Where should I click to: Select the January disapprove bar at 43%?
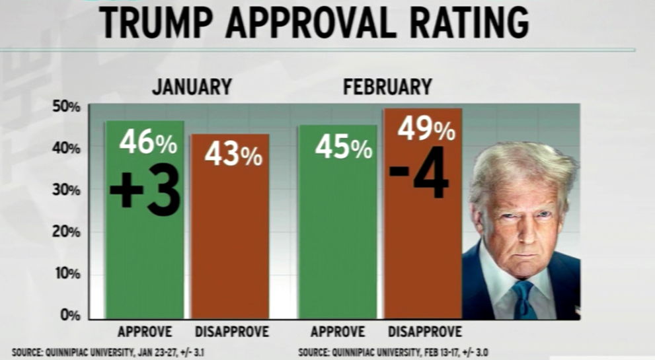point(230,251)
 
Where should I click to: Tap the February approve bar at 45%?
point(337,251)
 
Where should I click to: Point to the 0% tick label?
point(68,315)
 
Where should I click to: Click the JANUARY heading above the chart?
point(192,87)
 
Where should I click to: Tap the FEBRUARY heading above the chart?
point(387,87)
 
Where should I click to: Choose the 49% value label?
point(426,129)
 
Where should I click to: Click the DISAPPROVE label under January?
point(231,332)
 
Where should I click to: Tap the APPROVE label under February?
point(337,332)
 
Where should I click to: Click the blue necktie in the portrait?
point(523,301)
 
